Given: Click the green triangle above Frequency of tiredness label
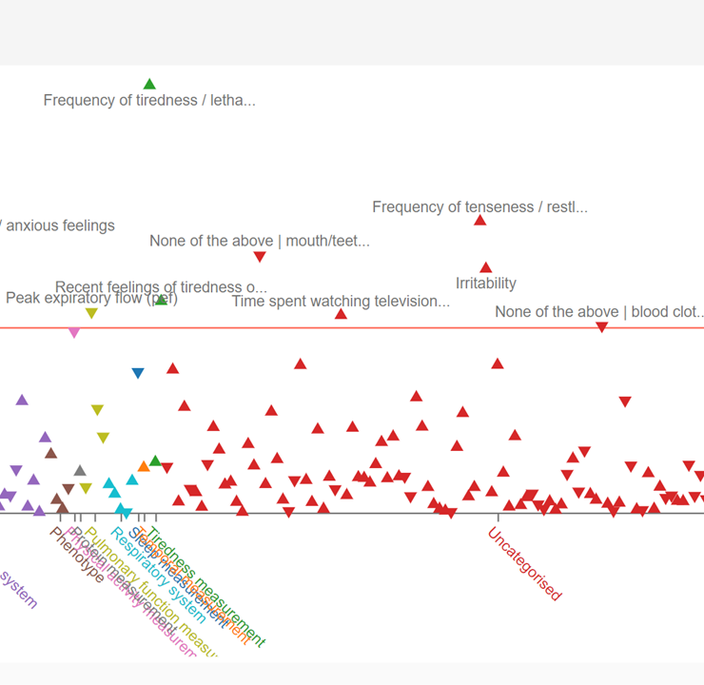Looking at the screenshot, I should (149, 84).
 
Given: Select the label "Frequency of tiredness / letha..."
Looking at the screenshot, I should (149, 101).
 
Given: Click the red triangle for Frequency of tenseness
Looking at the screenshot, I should (480, 221).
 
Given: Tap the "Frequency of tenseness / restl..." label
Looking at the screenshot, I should (479, 207).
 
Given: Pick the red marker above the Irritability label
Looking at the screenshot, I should (486, 268).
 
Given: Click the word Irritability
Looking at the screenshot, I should (486, 284).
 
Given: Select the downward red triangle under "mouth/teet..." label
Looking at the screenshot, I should (260, 257).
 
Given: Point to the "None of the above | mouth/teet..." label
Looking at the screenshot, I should (260, 242).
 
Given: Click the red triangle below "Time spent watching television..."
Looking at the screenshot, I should (341, 314).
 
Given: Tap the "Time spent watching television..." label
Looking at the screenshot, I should (341, 302).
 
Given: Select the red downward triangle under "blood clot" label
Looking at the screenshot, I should (601, 327).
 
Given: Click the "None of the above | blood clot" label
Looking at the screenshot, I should (599, 312).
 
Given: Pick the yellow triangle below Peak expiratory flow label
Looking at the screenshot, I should (91, 313).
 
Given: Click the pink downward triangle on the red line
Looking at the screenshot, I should (74, 332).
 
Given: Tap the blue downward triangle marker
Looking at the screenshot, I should (138, 373).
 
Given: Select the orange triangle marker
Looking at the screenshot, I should (144, 466).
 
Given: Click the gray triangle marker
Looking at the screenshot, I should (80, 470).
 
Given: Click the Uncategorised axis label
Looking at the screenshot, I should (524, 563).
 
